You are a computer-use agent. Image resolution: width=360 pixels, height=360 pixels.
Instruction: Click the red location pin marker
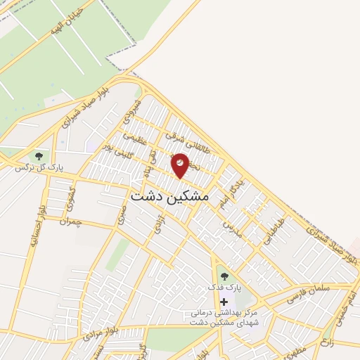pos(180,165)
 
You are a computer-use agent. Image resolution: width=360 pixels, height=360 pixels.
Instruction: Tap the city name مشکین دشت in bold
pos(170,197)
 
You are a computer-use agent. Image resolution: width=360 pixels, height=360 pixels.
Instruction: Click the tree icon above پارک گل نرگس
pos(38,156)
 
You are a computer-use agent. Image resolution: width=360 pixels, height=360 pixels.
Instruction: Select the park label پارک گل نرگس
pos(41,169)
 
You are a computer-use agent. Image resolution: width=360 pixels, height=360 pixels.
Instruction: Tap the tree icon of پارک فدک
pos(224,276)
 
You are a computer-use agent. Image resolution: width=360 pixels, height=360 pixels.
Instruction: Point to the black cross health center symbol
pos(224,301)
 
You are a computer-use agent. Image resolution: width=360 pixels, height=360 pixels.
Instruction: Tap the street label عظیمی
pos(134,137)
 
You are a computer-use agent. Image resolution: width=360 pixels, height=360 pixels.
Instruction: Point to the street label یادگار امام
pos(233,189)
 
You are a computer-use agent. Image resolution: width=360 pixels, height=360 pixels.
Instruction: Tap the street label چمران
pos(71,221)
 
